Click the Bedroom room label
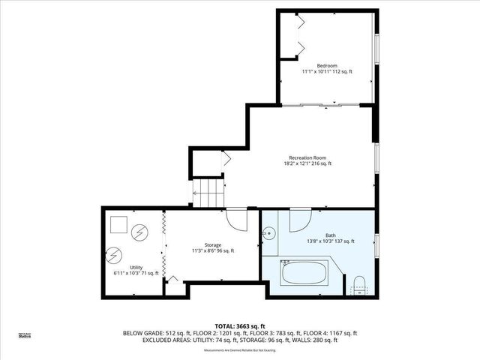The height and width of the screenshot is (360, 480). point(326,65)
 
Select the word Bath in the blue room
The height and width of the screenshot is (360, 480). point(330,235)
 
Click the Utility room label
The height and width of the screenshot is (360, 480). point(136,267)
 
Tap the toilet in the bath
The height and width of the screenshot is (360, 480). point(358,285)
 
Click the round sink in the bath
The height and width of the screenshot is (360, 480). point(268,234)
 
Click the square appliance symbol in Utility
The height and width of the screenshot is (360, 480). point(118,224)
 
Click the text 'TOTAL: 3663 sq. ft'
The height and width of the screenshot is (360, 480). point(239,325)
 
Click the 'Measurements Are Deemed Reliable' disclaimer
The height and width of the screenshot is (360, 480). point(240,349)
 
